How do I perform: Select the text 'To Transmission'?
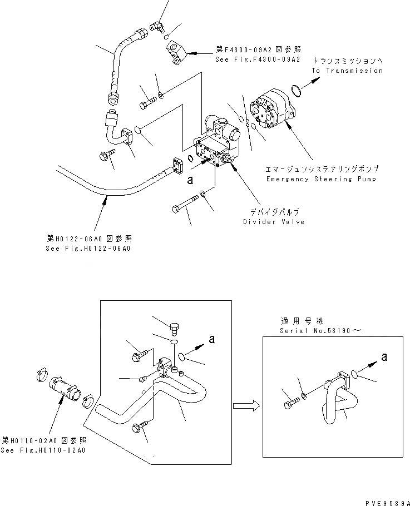point(347,71)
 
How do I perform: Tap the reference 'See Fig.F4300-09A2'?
point(257,58)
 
